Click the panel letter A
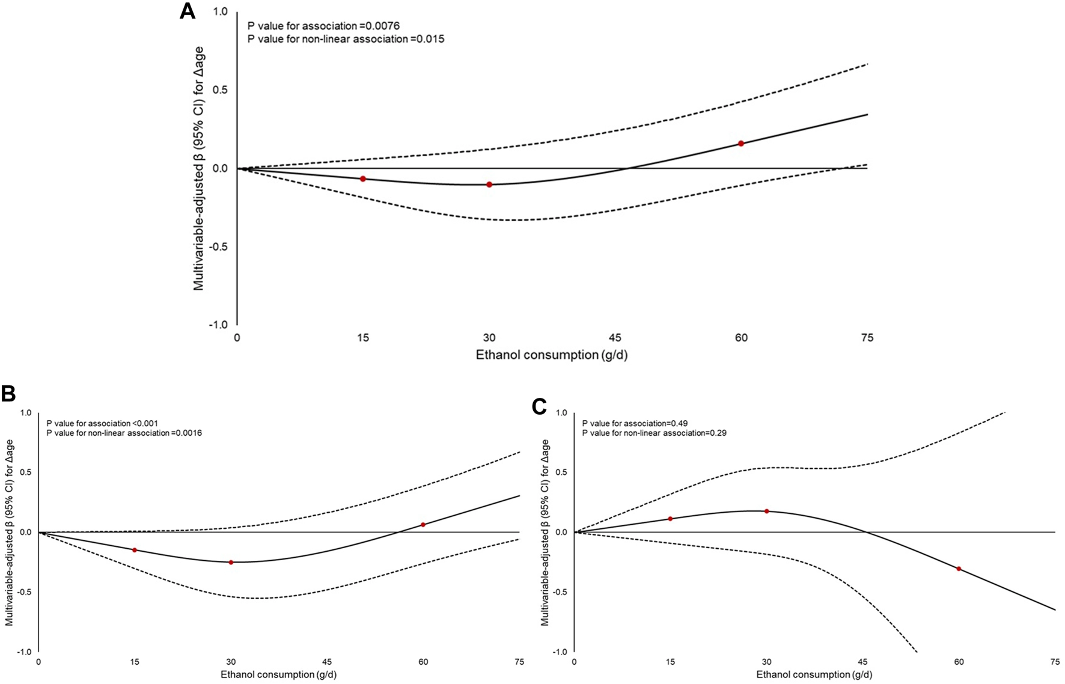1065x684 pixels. (x=188, y=11)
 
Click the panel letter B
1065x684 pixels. (x=8, y=394)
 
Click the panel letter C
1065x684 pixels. (x=540, y=407)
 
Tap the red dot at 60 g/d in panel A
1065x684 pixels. (x=741, y=144)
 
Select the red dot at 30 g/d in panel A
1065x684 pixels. (x=489, y=185)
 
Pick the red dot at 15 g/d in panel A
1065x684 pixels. (x=363, y=179)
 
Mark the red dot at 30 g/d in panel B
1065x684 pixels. (x=231, y=562)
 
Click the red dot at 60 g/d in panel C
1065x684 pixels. (x=959, y=569)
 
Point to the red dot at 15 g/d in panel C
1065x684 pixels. (x=670, y=519)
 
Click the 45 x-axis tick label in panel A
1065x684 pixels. (x=615, y=338)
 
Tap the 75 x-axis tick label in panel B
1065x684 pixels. (x=519, y=662)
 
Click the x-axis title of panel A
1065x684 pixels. (x=551, y=355)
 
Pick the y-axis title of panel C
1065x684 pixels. (x=545, y=532)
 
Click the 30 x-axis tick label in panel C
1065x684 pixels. (x=766, y=662)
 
